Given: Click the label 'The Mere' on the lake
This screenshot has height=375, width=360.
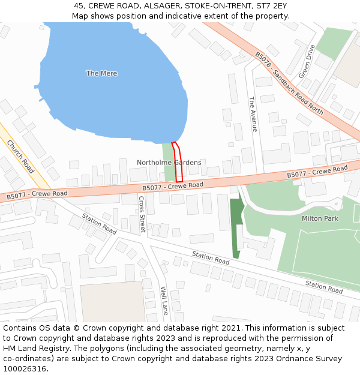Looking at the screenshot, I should coord(101,73).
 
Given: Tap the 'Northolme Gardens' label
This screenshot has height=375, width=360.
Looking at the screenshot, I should coord(169,163).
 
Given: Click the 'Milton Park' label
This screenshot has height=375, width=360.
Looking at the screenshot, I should coord(320,218).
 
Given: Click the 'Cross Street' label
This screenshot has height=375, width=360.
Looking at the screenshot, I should coord(142,214).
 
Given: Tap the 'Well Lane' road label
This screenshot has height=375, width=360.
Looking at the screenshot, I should coord(164,301).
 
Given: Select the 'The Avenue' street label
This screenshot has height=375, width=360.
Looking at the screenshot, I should coord(253,114).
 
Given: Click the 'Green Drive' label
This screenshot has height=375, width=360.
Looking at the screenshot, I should coord(307,61).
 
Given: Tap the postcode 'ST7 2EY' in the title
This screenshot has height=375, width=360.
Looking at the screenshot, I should coord(272,5).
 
